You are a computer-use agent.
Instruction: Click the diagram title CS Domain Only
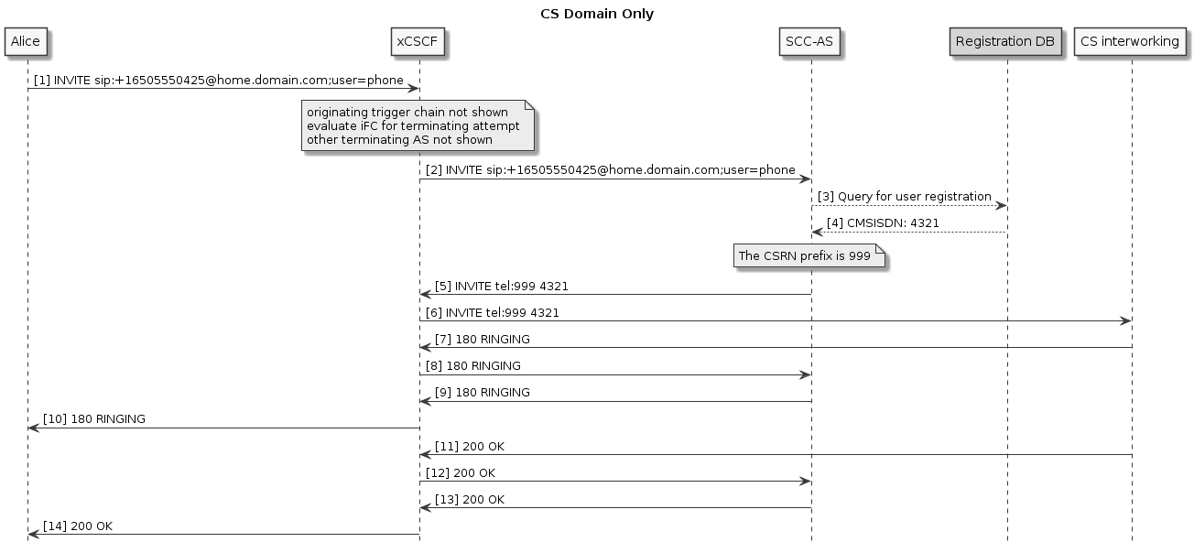pos(596,14)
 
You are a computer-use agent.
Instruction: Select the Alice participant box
pos(27,41)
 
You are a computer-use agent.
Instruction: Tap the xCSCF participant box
pos(419,41)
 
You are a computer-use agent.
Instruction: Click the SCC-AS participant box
pos(810,41)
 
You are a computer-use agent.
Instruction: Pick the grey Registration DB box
pos(1005,41)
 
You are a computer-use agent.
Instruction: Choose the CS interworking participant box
pos(1129,41)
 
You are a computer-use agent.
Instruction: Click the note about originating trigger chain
pos(418,126)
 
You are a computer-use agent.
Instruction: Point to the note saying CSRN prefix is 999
pos(809,256)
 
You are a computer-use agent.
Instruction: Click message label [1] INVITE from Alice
pos(219,81)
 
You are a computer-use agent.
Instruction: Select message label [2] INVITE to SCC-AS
pos(610,170)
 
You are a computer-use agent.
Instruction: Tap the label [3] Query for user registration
pos(904,197)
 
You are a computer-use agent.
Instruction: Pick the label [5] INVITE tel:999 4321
pos(502,287)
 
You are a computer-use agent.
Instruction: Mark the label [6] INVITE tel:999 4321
pos(493,313)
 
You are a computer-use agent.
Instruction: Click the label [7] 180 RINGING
pos(482,340)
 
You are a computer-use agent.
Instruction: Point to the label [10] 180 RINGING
pos(94,419)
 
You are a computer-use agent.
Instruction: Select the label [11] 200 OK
pos(470,447)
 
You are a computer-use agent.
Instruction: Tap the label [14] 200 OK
pos(78,526)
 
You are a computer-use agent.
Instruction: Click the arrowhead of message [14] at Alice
pos(33,535)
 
